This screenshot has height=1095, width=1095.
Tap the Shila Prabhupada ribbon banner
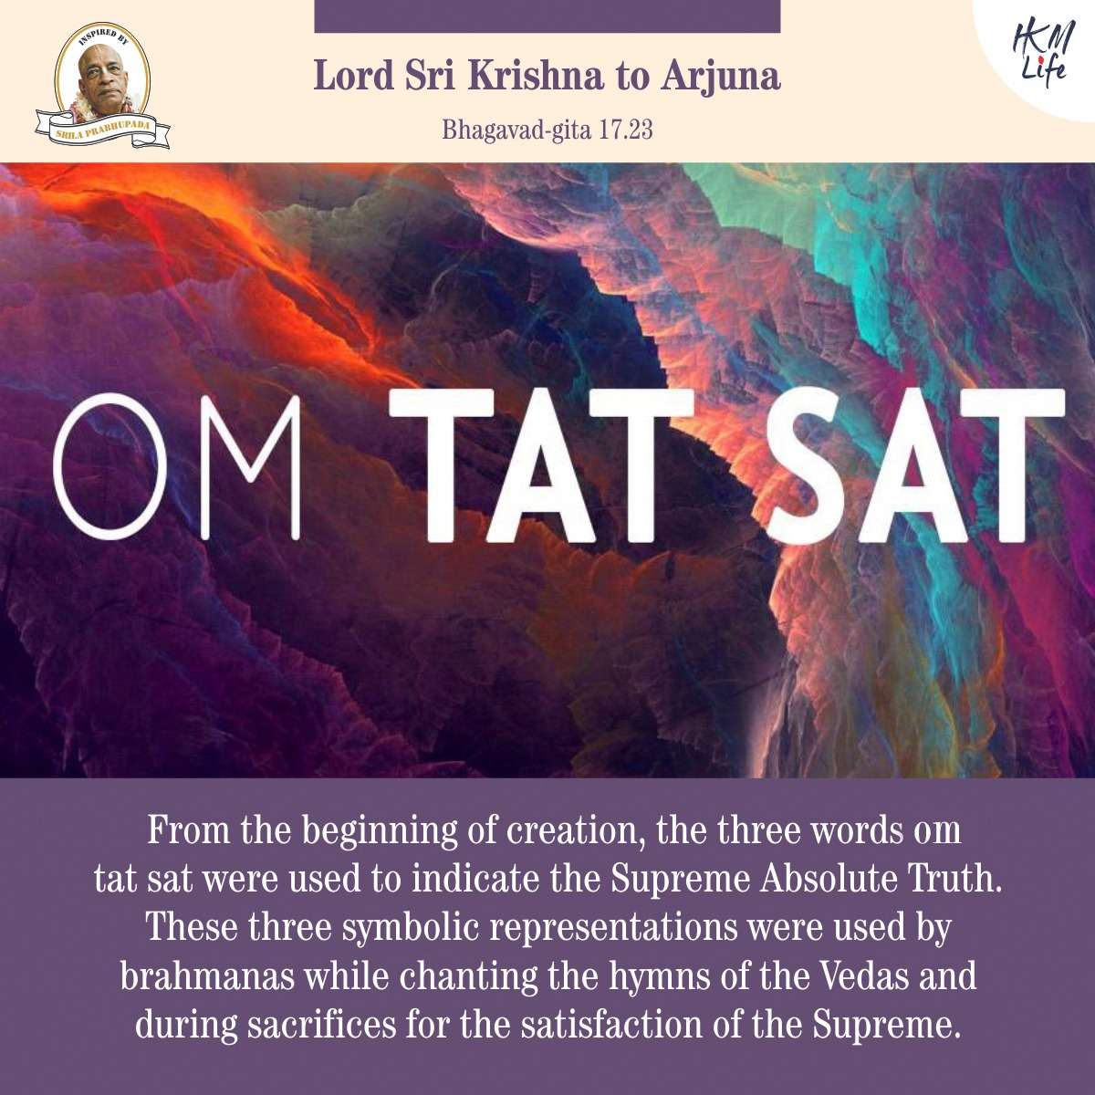point(103,129)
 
